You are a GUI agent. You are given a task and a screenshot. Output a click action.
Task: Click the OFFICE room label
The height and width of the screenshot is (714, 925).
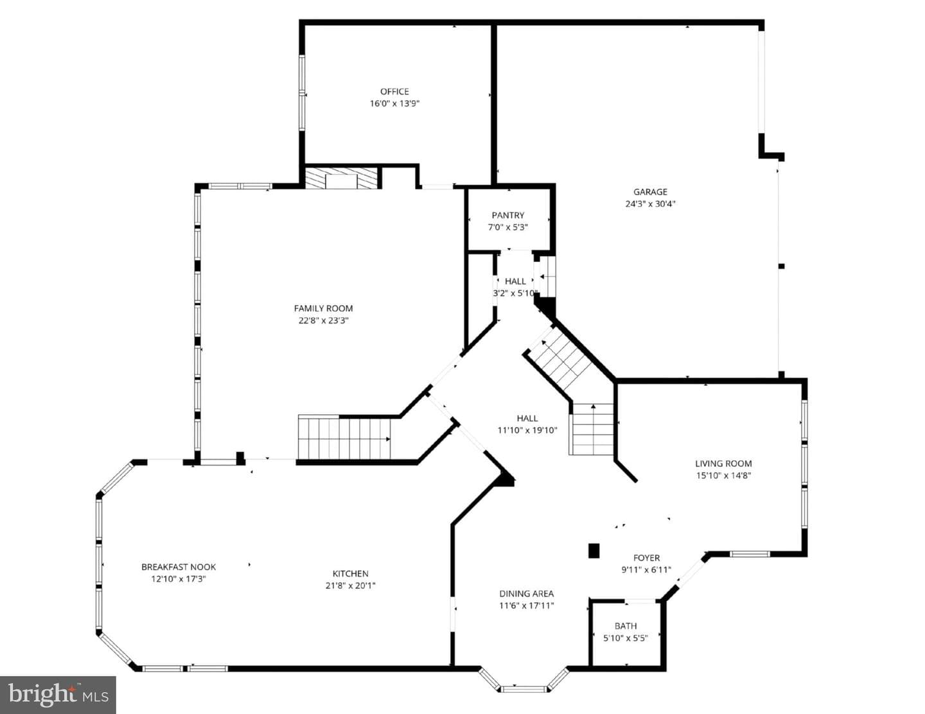[x=394, y=91]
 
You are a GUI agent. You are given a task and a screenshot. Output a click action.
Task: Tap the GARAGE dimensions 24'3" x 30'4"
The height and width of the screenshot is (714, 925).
[x=650, y=204]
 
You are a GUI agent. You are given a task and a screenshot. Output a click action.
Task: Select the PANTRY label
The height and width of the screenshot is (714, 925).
[x=508, y=215]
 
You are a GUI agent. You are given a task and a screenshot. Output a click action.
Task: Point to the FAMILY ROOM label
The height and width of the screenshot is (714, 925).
[x=323, y=308]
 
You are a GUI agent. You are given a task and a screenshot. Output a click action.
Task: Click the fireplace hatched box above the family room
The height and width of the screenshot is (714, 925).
[x=341, y=178]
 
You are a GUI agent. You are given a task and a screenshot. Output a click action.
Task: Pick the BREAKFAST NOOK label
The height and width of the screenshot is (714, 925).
[x=179, y=567]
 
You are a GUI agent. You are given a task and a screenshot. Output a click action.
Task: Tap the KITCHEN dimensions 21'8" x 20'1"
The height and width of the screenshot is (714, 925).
[x=350, y=586]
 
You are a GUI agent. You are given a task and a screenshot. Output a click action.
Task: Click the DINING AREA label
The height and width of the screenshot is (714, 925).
[x=527, y=593]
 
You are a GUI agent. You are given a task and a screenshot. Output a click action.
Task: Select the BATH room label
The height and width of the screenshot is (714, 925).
[x=625, y=626]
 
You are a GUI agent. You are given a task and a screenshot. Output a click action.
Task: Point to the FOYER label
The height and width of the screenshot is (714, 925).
[x=647, y=557]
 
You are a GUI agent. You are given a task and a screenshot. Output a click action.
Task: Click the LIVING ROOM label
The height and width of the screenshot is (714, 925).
[x=723, y=464]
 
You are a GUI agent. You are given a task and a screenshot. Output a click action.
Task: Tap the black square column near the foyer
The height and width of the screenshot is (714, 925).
[x=594, y=551]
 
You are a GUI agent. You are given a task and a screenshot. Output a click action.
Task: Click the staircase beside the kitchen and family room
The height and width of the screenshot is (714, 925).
[x=344, y=438]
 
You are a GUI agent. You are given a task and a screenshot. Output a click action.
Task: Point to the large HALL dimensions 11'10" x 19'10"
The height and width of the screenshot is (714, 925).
[x=527, y=430]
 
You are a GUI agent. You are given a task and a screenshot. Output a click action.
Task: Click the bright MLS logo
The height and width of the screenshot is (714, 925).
[x=58, y=695]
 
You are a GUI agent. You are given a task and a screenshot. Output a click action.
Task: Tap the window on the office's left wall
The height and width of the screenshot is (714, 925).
[x=303, y=92]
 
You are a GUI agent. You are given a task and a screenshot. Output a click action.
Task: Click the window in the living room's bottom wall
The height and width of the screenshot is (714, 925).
[x=750, y=553]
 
